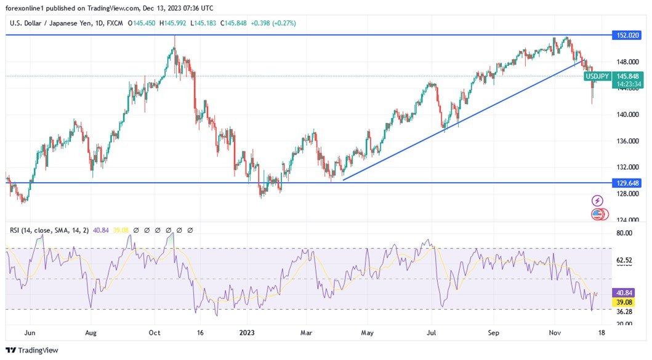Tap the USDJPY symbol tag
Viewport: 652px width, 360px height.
pyautogui.click(x=597, y=76)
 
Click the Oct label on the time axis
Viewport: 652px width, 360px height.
pyautogui.click(x=155, y=332)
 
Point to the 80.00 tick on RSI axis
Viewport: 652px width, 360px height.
pyautogui.click(x=624, y=233)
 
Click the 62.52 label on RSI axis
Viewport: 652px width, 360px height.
pyautogui.click(x=624, y=261)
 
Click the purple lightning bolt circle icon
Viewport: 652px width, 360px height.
pyautogui.click(x=597, y=201)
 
